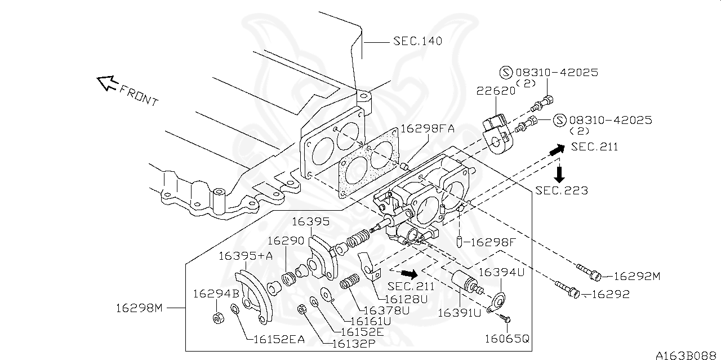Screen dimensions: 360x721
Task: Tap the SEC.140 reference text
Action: point(417,41)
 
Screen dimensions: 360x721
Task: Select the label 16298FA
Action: point(427,128)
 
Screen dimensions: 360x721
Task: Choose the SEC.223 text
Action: point(562,190)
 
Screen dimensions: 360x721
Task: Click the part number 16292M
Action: point(637,276)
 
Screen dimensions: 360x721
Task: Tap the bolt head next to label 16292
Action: point(573,293)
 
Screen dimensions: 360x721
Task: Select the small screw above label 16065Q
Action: point(505,319)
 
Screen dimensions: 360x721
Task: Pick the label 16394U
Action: point(501,272)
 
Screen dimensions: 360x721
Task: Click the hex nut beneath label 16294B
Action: point(217,318)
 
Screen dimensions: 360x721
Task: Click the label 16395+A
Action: point(245,256)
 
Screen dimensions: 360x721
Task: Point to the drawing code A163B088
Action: point(687,355)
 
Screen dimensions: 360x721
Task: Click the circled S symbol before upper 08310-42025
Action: point(505,72)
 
